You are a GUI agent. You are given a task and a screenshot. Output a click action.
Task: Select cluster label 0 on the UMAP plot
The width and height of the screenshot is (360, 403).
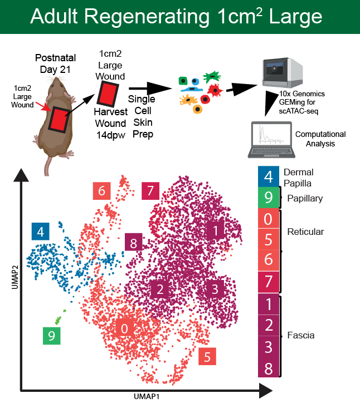tap(124, 328)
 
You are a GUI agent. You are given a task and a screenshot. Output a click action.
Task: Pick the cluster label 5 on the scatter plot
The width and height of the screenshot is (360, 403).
tap(207, 357)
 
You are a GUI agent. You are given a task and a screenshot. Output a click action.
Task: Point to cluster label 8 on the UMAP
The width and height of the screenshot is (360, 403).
tap(133, 243)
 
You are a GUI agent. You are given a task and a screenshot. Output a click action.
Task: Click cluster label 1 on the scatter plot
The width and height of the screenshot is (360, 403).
tap(216, 229)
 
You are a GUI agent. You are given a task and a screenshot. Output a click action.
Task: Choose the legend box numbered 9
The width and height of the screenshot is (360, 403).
tap(268, 198)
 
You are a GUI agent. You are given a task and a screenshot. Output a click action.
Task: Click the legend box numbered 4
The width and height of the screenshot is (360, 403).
tap(268, 177)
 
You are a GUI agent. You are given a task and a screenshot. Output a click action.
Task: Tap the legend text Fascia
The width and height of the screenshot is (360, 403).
tap(301, 335)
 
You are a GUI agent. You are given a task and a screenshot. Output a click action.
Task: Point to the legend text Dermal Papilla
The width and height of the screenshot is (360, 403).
tap(299, 178)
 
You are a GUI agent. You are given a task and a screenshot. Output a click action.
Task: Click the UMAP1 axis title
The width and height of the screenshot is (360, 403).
tap(147, 396)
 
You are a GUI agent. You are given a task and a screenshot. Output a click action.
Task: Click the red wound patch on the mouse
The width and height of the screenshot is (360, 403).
tap(59, 119)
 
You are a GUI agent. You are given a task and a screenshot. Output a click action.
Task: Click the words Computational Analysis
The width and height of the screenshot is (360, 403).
tap(320, 139)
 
